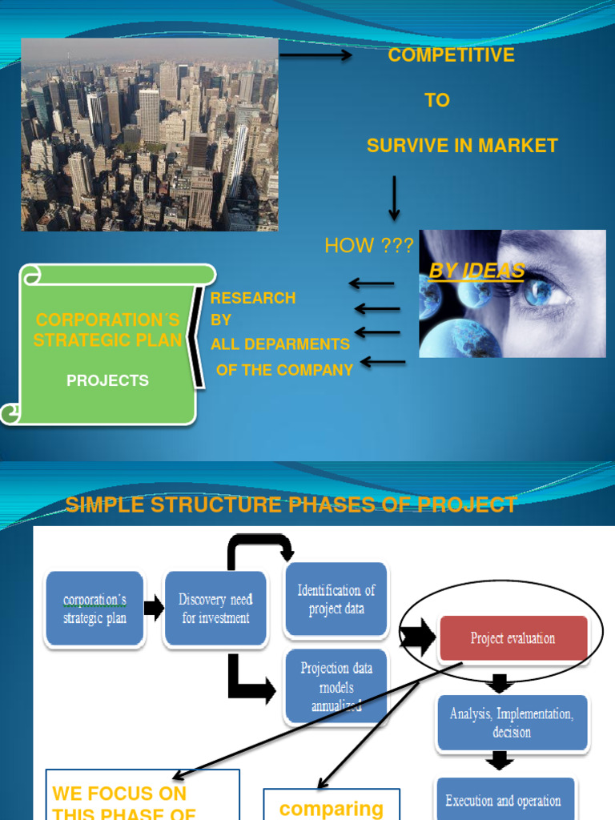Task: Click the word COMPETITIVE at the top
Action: (x=451, y=55)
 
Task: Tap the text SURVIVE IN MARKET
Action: (x=462, y=146)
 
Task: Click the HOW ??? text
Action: (x=368, y=246)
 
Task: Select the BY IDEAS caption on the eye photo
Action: (x=477, y=271)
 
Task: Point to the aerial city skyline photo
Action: (x=150, y=135)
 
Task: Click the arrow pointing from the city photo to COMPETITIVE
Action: (x=316, y=55)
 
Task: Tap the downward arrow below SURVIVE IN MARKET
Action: (x=394, y=198)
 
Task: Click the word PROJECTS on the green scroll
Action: (x=107, y=381)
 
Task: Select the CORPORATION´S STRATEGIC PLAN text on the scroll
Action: (x=107, y=330)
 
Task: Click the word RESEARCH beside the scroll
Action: (x=252, y=298)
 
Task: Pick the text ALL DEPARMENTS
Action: (x=280, y=344)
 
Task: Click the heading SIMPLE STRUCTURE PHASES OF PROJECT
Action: (x=291, y=504)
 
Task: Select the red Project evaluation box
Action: (x=512, y=638)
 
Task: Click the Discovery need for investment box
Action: (x=215, y=609)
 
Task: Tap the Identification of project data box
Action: (x=336, y=600)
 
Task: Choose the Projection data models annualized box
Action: (x=336, y=687)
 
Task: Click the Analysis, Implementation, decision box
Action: (x=512, y=723)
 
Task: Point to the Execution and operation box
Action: (x=504, y=800)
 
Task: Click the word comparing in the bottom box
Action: (x=332, y=808)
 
